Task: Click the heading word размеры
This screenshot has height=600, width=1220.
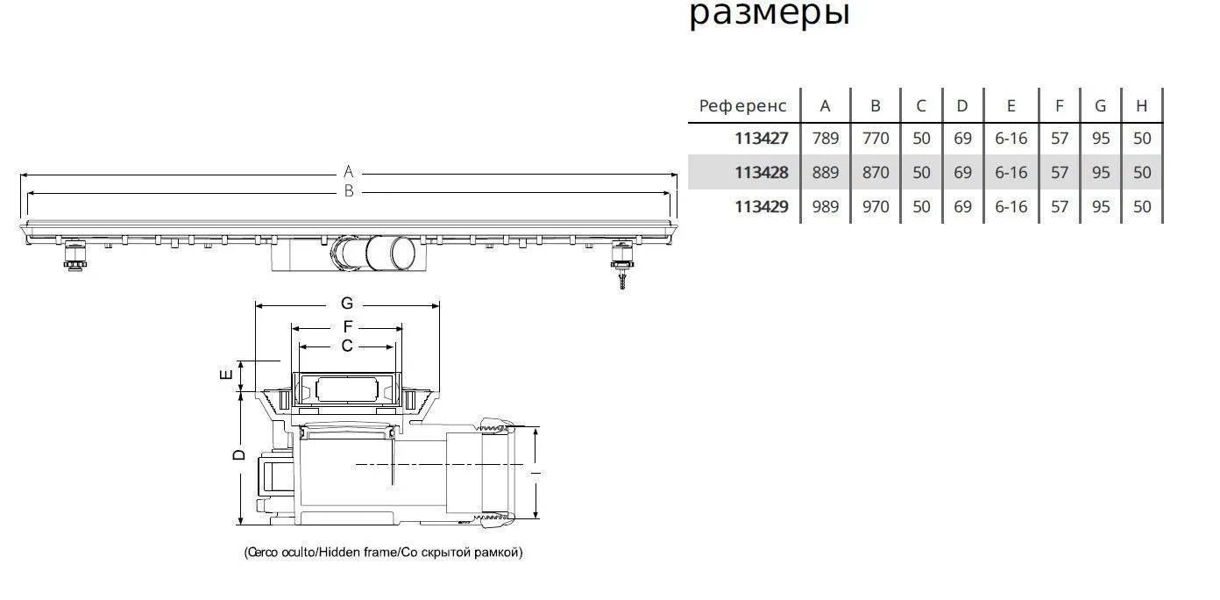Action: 769,13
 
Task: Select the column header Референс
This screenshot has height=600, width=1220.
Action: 743,106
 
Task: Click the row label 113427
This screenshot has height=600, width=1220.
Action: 761,139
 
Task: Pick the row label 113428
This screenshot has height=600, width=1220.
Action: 761,173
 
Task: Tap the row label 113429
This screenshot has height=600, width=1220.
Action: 761,207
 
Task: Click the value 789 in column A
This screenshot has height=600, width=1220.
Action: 825,139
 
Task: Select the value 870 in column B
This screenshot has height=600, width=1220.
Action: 875,173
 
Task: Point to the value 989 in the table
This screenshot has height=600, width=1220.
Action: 825,207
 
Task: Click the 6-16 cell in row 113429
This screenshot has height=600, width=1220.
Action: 1011,207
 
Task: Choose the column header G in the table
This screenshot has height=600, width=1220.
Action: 1100,106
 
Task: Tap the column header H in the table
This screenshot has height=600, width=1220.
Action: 1141,106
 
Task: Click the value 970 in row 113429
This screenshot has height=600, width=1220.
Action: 875,207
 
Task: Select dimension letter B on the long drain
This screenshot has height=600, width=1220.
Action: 348,191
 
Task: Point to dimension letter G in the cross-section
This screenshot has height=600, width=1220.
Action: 347,304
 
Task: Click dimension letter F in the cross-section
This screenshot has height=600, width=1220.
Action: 347,327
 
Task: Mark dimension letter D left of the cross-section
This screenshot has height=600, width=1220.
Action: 238,455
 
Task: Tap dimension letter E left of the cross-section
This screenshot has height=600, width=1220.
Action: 225,375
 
